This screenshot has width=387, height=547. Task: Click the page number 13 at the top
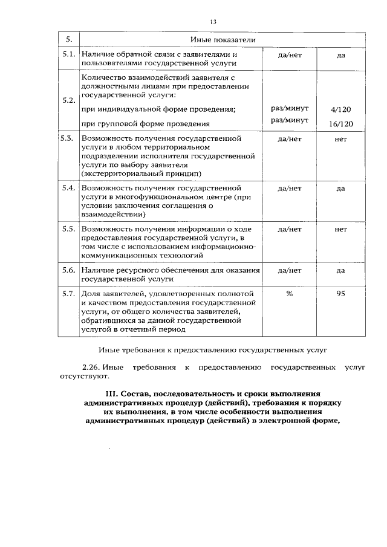coord(213,22)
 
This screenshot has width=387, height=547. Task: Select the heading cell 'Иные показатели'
coord(221,40)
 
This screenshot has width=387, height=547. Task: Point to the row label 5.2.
coord(68,100)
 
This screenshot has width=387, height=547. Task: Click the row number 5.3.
coord(68,138)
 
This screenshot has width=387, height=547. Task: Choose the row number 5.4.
coord(68,188)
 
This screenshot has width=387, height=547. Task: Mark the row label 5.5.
coord(68,230)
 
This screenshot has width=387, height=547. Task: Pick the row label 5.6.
coord(68,270)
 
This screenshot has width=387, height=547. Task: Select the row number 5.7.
coord(68,294)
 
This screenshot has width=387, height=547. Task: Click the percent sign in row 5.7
coord(289,294)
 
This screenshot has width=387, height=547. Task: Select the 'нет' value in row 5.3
coord(340,138)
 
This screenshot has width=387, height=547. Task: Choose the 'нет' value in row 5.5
coord(340,230)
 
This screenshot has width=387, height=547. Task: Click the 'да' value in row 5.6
coord(340,270)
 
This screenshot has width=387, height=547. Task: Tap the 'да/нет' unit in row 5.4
coord(289,188)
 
